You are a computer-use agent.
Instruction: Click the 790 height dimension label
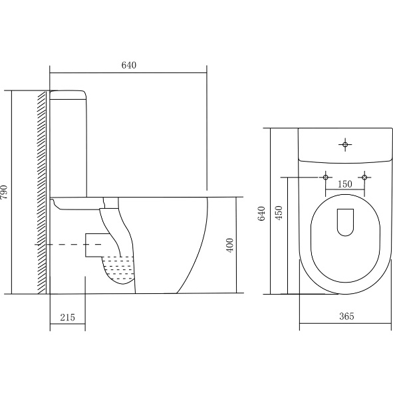pos(4,192)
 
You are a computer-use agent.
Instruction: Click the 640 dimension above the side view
pos(129,65)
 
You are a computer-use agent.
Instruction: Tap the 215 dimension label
pos(67,318)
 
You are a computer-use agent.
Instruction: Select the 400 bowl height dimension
pos(229,245)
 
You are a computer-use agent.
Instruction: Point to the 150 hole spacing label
pos(345,184)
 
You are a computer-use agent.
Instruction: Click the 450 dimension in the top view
pos(279,213)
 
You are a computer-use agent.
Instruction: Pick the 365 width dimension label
pos(346,317)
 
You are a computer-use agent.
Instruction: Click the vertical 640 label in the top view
pos(261,213)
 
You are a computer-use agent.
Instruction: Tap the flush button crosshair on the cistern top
pos(345,144)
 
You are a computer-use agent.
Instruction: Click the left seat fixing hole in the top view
pos(326,178)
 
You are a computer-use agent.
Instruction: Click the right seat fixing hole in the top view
pos(364,178)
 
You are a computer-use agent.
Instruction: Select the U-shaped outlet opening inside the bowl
pos(345,222)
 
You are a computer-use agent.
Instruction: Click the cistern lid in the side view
pos(68,95)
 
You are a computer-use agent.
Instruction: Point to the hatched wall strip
pos(42,192)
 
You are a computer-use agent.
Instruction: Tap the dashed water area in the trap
pos(118,269)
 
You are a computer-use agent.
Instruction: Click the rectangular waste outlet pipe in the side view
pos(98,245)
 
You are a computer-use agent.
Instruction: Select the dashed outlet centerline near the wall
pos(68,244)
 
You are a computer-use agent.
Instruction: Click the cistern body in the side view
pos(68,148)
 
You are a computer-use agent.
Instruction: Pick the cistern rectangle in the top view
pos(345,146)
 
